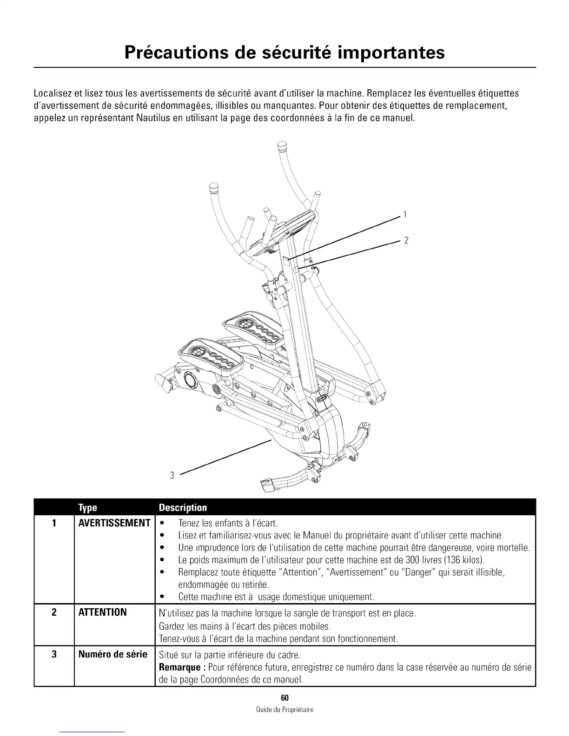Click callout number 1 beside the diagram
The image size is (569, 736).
405,214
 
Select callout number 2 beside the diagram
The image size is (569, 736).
406,240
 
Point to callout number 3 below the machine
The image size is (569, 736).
172,475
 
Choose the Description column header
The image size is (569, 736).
183,507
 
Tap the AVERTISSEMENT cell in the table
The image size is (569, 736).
114,523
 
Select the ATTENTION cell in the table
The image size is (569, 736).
102,612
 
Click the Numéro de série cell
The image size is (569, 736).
113,655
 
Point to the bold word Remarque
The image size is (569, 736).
180,668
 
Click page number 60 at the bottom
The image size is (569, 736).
284,698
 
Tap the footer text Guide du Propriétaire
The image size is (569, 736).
284,710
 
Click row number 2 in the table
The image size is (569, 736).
54,612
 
